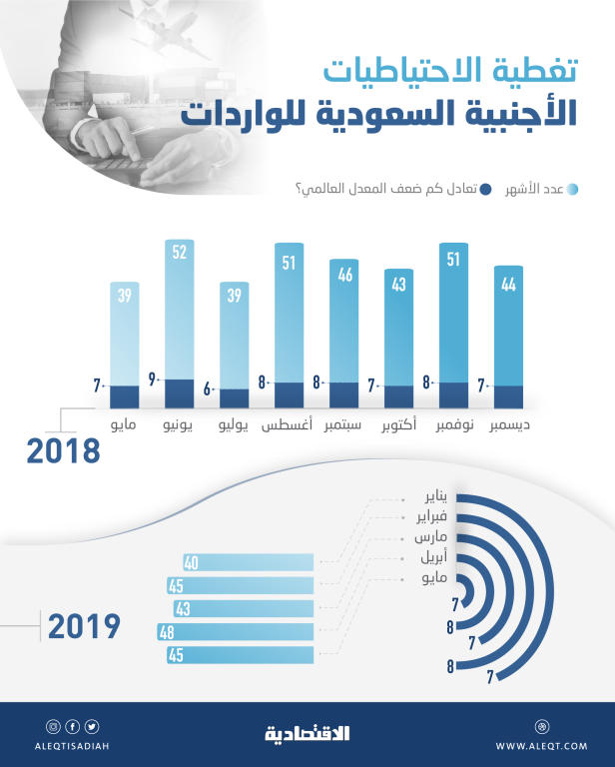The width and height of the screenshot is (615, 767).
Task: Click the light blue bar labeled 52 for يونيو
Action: click(x=179, y=310)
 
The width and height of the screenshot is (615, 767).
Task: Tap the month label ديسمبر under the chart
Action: click(x=509, y=426)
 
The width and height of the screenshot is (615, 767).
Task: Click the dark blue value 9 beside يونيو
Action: click(x=152, y=380)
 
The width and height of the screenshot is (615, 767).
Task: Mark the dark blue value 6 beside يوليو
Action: click(x=207, y=388)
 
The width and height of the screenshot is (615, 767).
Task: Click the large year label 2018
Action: click(x=63, y=450)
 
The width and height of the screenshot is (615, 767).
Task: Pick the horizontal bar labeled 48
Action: click(x=237, y=631)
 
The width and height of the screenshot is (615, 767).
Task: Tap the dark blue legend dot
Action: click(x=485, y=189)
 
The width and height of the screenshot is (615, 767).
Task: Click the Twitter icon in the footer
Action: click(x=92, y=726)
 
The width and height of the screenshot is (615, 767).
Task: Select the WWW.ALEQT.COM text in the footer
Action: click(x=542, y=745)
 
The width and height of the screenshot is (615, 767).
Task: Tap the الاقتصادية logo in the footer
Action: click(x=307, y=734)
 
